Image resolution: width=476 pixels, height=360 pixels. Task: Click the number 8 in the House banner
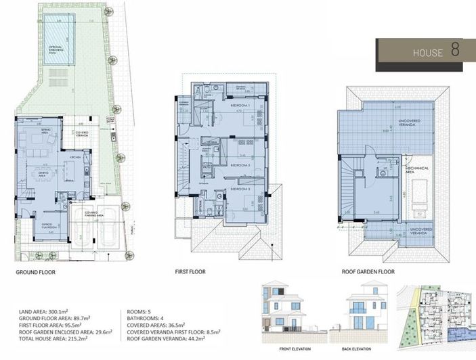tap(455, 51)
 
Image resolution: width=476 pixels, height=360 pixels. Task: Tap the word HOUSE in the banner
tap(427, 53)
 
